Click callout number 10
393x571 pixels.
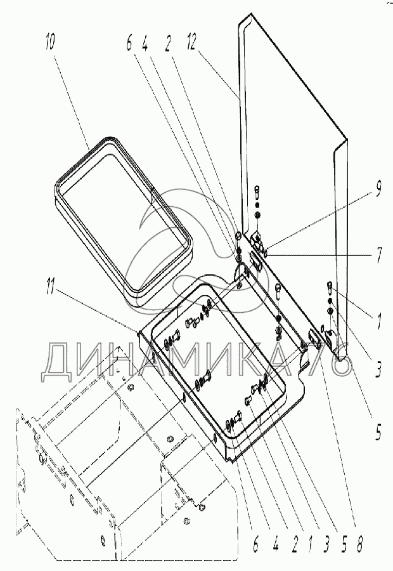(50, 45)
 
